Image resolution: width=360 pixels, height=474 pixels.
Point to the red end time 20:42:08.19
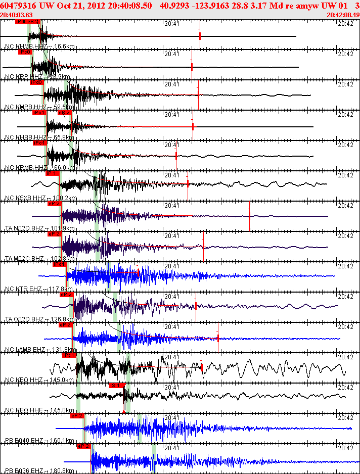[343, 15]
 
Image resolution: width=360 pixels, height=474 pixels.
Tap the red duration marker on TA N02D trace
[249, 216]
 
